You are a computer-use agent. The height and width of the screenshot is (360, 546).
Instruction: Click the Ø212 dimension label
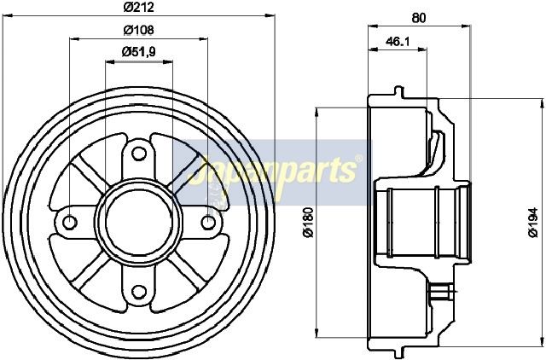[x=138, y=7]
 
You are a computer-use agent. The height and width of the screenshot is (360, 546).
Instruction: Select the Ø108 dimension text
[x=138, y=30]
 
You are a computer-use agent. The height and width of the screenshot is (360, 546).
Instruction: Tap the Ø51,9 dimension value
[x=138, y=52]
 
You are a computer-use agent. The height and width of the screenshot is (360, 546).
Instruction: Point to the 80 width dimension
[x=419, y=18]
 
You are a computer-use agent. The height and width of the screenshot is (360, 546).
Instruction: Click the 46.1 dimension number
[x=398, y=42]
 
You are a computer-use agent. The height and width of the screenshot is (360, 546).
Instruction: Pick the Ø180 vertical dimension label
[x=309, y=223]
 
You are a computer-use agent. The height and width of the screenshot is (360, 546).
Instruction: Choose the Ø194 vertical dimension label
[x=533, y=223]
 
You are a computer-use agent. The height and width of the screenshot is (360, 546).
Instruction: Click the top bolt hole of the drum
[x=139, y=154]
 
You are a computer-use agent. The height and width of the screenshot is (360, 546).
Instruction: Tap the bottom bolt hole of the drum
[x=139, y=292]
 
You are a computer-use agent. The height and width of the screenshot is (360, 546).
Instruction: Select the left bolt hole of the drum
[x=70, y=223]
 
